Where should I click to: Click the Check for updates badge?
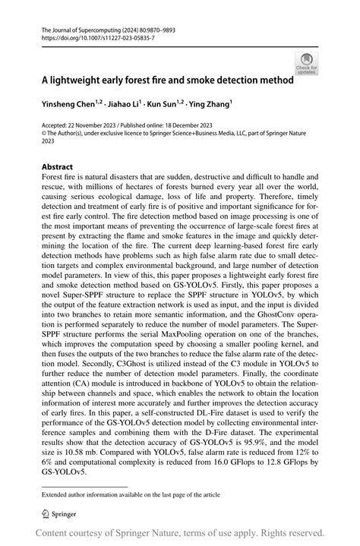[308, 62]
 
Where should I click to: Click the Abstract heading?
[57, 166]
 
